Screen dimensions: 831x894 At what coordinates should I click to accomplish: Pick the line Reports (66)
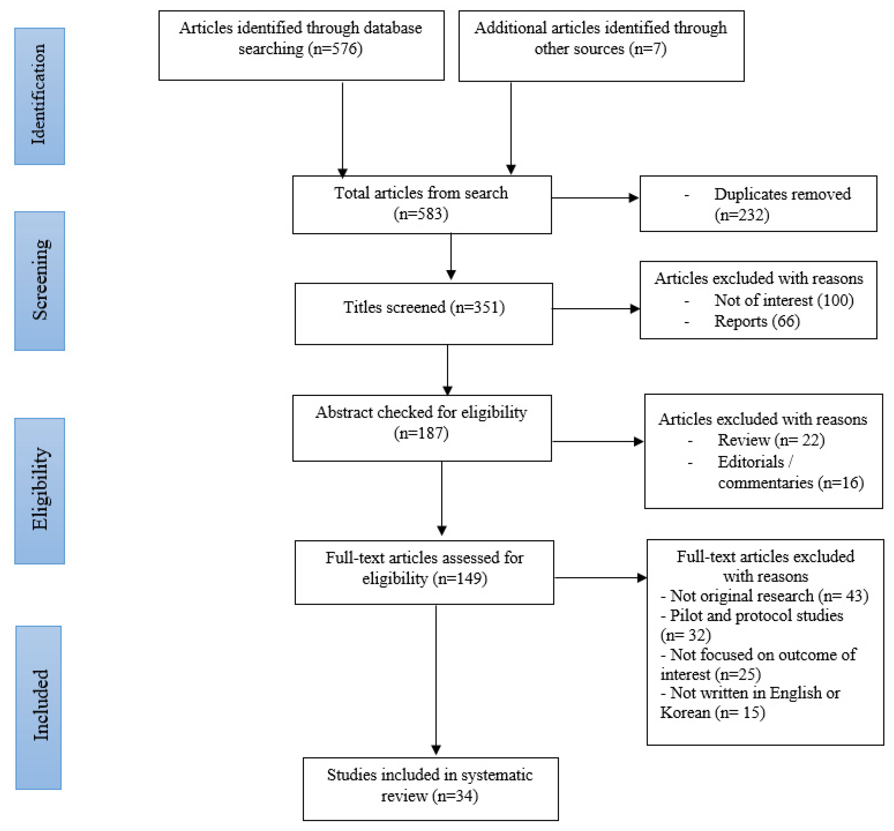click(x=756, y=321)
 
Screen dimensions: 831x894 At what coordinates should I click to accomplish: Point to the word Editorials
click(x=750, y=461)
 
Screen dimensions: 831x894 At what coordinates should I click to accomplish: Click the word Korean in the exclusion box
click(x=685, y=713)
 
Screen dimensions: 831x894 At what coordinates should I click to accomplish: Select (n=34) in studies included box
click(x=455, y=796)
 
